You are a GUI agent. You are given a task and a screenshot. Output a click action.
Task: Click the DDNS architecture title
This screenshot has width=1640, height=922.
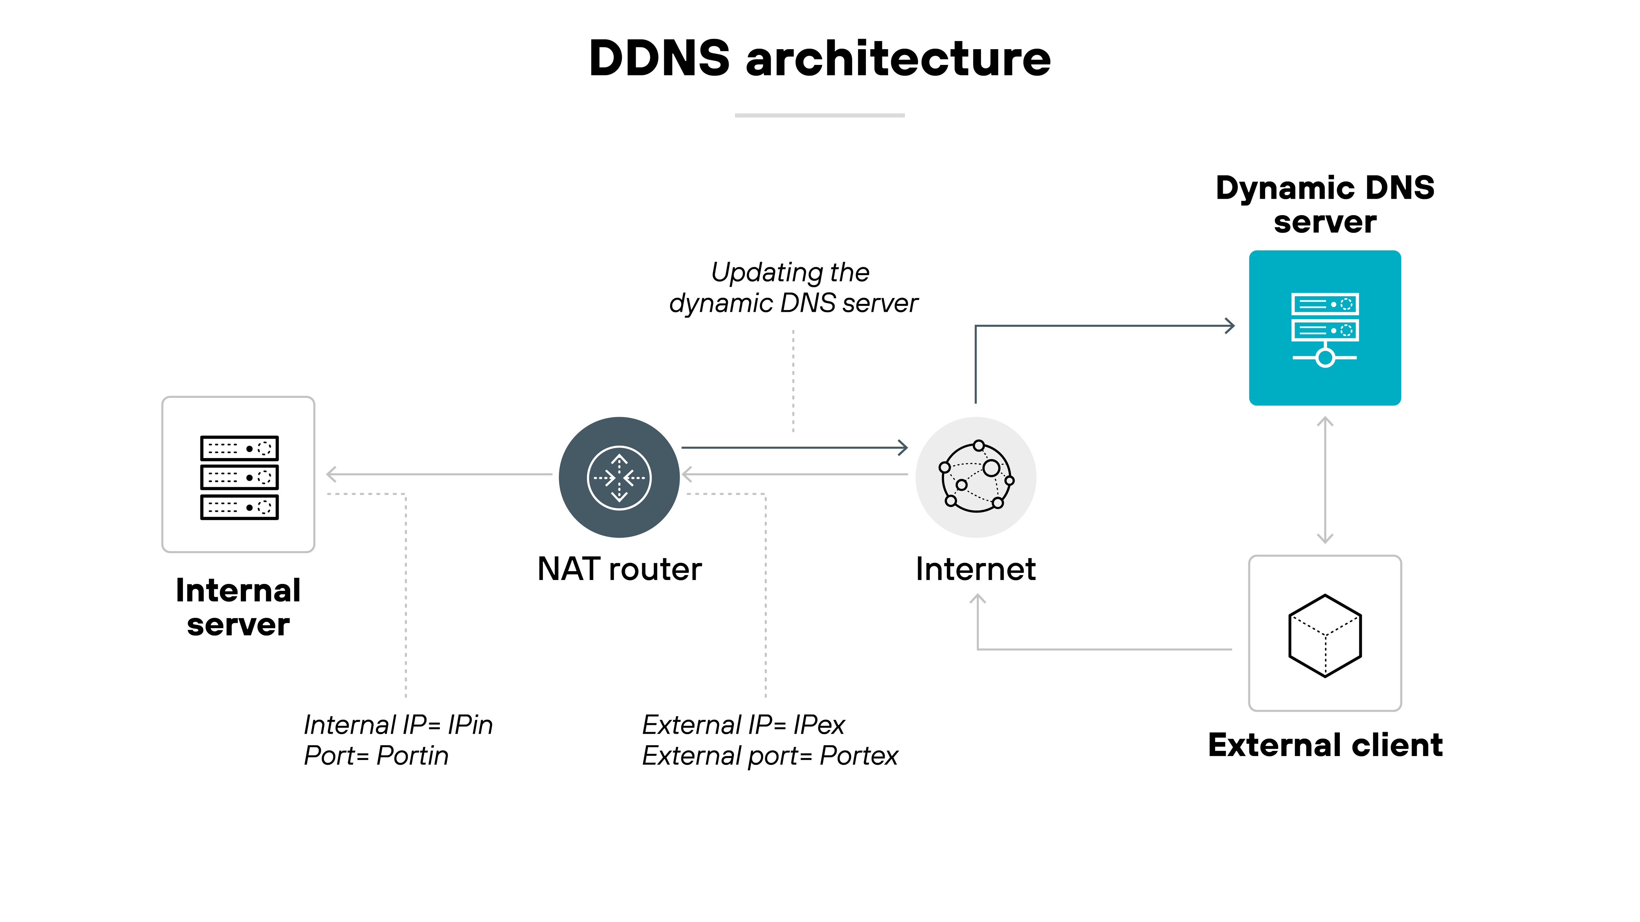click(819, 59)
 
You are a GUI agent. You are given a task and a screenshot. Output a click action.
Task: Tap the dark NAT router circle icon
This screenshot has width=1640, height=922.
click(619, 477)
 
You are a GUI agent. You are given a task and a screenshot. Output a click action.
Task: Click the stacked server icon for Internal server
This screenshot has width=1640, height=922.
click(239, 477)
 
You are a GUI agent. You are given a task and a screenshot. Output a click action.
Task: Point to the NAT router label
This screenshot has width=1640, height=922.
click(619, 569)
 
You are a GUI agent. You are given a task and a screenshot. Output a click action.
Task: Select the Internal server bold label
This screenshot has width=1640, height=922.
click(238, 607)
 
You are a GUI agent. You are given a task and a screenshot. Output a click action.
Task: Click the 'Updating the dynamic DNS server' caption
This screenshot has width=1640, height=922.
click(793, 288)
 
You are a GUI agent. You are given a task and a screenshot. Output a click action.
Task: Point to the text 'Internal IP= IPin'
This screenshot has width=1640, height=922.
click(398, 725)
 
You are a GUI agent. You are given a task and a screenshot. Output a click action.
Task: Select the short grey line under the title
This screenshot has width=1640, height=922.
click(819, 115)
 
